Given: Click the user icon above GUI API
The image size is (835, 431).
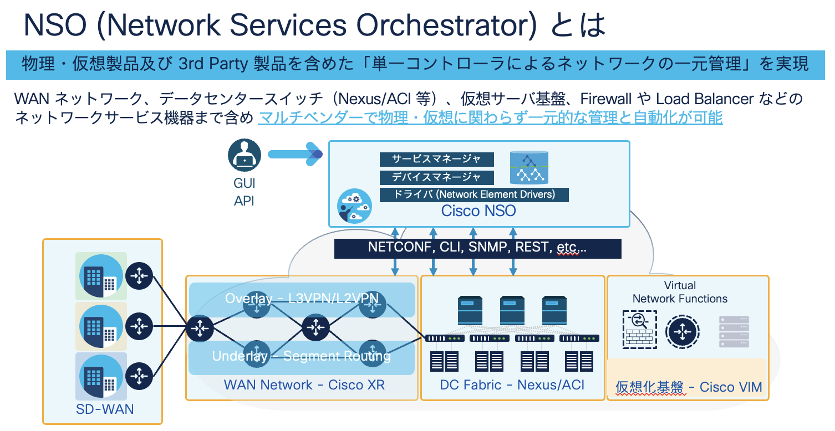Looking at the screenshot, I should coord(244,155).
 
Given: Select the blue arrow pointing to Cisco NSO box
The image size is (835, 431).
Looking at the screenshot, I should coord(294,154).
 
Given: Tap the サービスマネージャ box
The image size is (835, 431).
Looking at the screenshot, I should coord(437,159).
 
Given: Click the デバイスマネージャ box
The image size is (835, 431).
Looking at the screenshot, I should coord(437,177).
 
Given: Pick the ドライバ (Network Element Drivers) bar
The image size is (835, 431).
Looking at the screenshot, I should coord(475,194).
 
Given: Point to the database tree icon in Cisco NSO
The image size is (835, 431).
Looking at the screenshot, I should coord(529,168).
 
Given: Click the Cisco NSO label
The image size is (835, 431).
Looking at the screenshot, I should coord(478,211).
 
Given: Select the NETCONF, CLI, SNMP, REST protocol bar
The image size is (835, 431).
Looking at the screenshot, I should coord(477,248).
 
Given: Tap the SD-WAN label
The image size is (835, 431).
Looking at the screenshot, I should coord(105,409).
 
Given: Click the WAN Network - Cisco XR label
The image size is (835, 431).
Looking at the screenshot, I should coord(304,385).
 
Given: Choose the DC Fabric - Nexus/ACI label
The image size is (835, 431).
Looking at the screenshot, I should coord(512,385).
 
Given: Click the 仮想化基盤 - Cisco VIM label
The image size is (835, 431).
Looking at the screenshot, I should coord(689,387).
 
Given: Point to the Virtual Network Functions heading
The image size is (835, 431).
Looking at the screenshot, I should coord(680,292).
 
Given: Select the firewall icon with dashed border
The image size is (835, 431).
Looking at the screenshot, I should coord(639,329).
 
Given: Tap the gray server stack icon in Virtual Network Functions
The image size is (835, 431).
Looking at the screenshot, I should coord(734,332).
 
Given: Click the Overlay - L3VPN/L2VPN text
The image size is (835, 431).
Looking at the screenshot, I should coord(302,299).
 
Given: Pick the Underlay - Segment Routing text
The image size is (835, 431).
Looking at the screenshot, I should coord(302,356).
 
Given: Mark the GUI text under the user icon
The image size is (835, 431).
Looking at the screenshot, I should coord(244,183).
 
